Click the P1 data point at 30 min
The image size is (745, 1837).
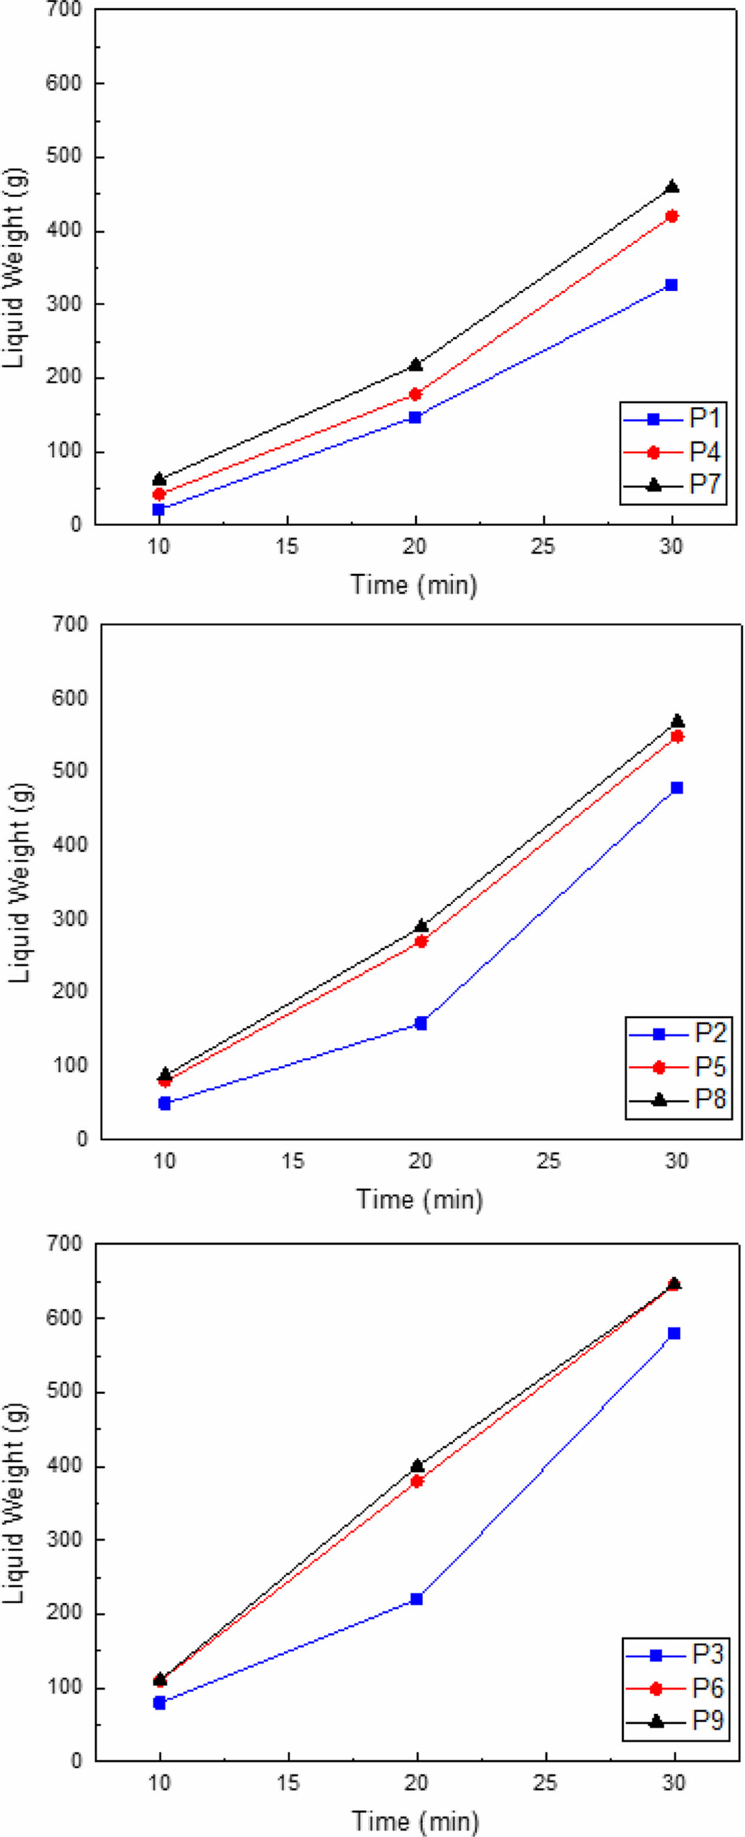click(671, 285)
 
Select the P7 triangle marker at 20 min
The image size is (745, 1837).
click(416, 365)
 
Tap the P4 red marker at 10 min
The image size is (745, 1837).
click(159, 493)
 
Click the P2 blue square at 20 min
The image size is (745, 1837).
click(420, 1024)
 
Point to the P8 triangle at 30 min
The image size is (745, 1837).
click(677, 721)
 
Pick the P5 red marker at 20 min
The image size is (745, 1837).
click(420, 941)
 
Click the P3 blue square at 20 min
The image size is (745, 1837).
click(417, 1599)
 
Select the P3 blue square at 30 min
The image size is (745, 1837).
click(673, 1333)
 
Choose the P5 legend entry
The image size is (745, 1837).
click(679, 1066)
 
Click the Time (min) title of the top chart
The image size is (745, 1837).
click(413, 585)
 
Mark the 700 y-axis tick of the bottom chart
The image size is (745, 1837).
click(66, 1244)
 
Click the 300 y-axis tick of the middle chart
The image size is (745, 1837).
click(70, 918)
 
